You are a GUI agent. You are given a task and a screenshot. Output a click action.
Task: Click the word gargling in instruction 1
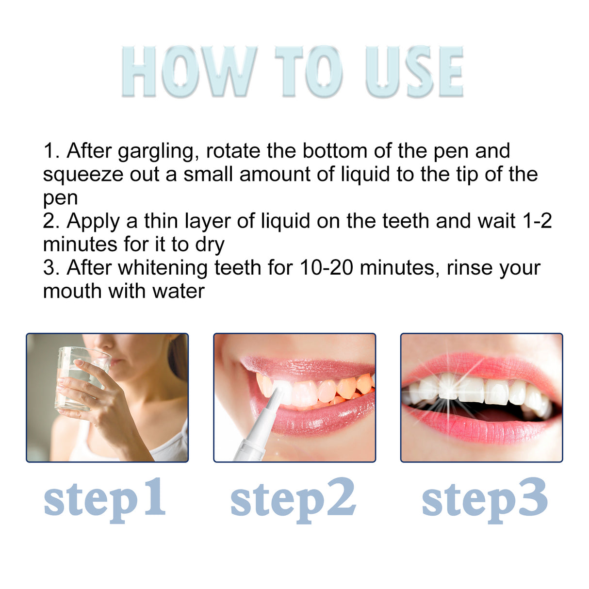point(158,151)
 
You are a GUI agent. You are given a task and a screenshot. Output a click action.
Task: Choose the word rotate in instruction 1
point(233,151)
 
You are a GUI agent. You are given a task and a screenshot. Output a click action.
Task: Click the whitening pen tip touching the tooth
point(278,391)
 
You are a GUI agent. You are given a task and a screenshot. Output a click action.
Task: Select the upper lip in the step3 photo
point(480,366)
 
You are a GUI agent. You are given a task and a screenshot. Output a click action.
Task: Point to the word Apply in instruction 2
point(93,221)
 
